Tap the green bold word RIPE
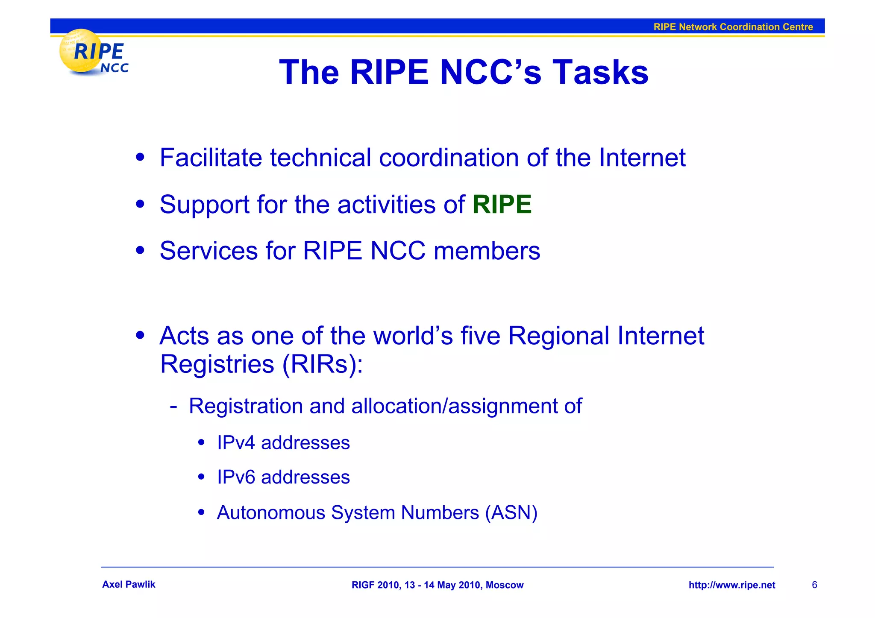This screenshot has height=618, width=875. point(502,204)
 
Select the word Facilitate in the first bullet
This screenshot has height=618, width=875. point(211,158)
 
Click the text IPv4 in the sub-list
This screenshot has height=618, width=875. point(236,443)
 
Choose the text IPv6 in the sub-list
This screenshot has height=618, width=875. point(236,477)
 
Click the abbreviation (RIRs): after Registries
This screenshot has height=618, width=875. point(322,365)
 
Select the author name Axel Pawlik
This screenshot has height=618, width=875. point(129,585)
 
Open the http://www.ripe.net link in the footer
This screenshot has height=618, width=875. point(731,585)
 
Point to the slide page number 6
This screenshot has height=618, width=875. point(814,585)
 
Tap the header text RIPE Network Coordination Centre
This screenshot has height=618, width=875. point(733,27)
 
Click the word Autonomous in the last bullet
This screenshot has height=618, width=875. point(271,513)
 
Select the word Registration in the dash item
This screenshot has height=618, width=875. point(246,406)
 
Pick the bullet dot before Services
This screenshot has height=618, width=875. point(140,251)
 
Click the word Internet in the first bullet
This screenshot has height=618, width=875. point(642,158)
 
